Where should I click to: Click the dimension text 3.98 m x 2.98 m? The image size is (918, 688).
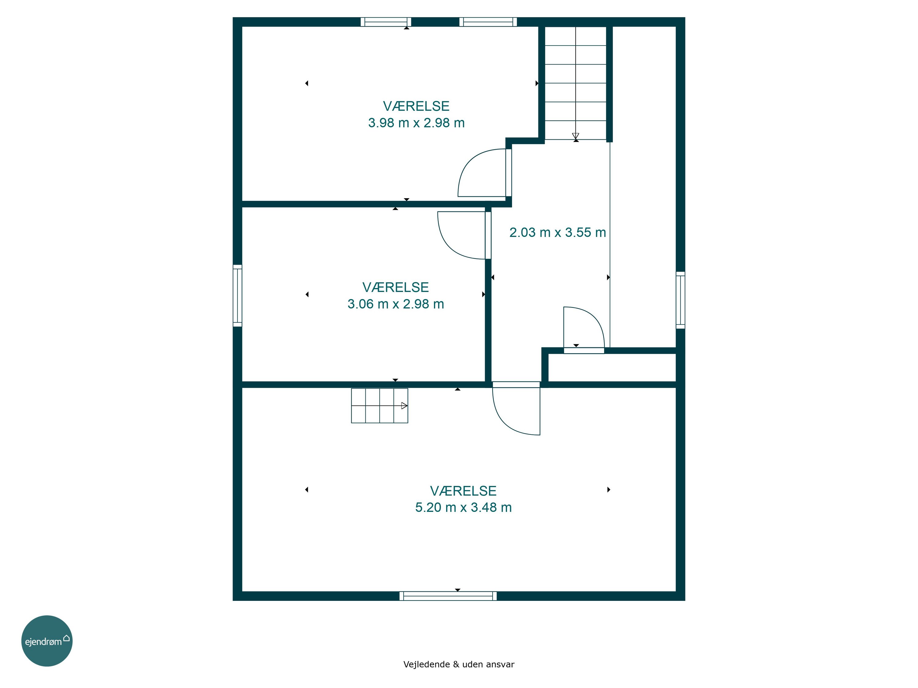pos(416,123)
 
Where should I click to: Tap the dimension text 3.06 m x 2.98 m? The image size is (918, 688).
pos(395,304)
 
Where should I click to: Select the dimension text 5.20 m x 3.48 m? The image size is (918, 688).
pos(463,507)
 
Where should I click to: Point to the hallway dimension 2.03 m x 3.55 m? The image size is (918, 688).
pos(557,232)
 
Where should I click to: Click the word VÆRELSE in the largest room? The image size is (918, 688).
pos(463,490)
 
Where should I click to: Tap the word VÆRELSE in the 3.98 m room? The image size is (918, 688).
pos(416,106)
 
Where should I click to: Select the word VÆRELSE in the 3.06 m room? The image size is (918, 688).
pos(395,287)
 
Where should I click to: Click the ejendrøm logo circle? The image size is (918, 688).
pos(47,641)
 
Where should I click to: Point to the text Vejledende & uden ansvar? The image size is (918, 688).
pos(459,664)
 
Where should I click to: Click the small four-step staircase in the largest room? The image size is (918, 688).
pos(379,405)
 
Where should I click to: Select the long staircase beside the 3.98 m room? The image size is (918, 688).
pos(576,83)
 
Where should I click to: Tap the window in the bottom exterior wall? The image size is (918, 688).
pos(448,596)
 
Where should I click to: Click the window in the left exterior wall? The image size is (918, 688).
pos(237,296)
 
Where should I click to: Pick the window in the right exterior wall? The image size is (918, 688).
pos(681,300)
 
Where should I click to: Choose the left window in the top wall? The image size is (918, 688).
pos(386,22)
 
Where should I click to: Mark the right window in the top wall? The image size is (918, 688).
pos(488,22)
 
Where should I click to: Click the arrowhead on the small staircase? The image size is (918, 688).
pos(404,405)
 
